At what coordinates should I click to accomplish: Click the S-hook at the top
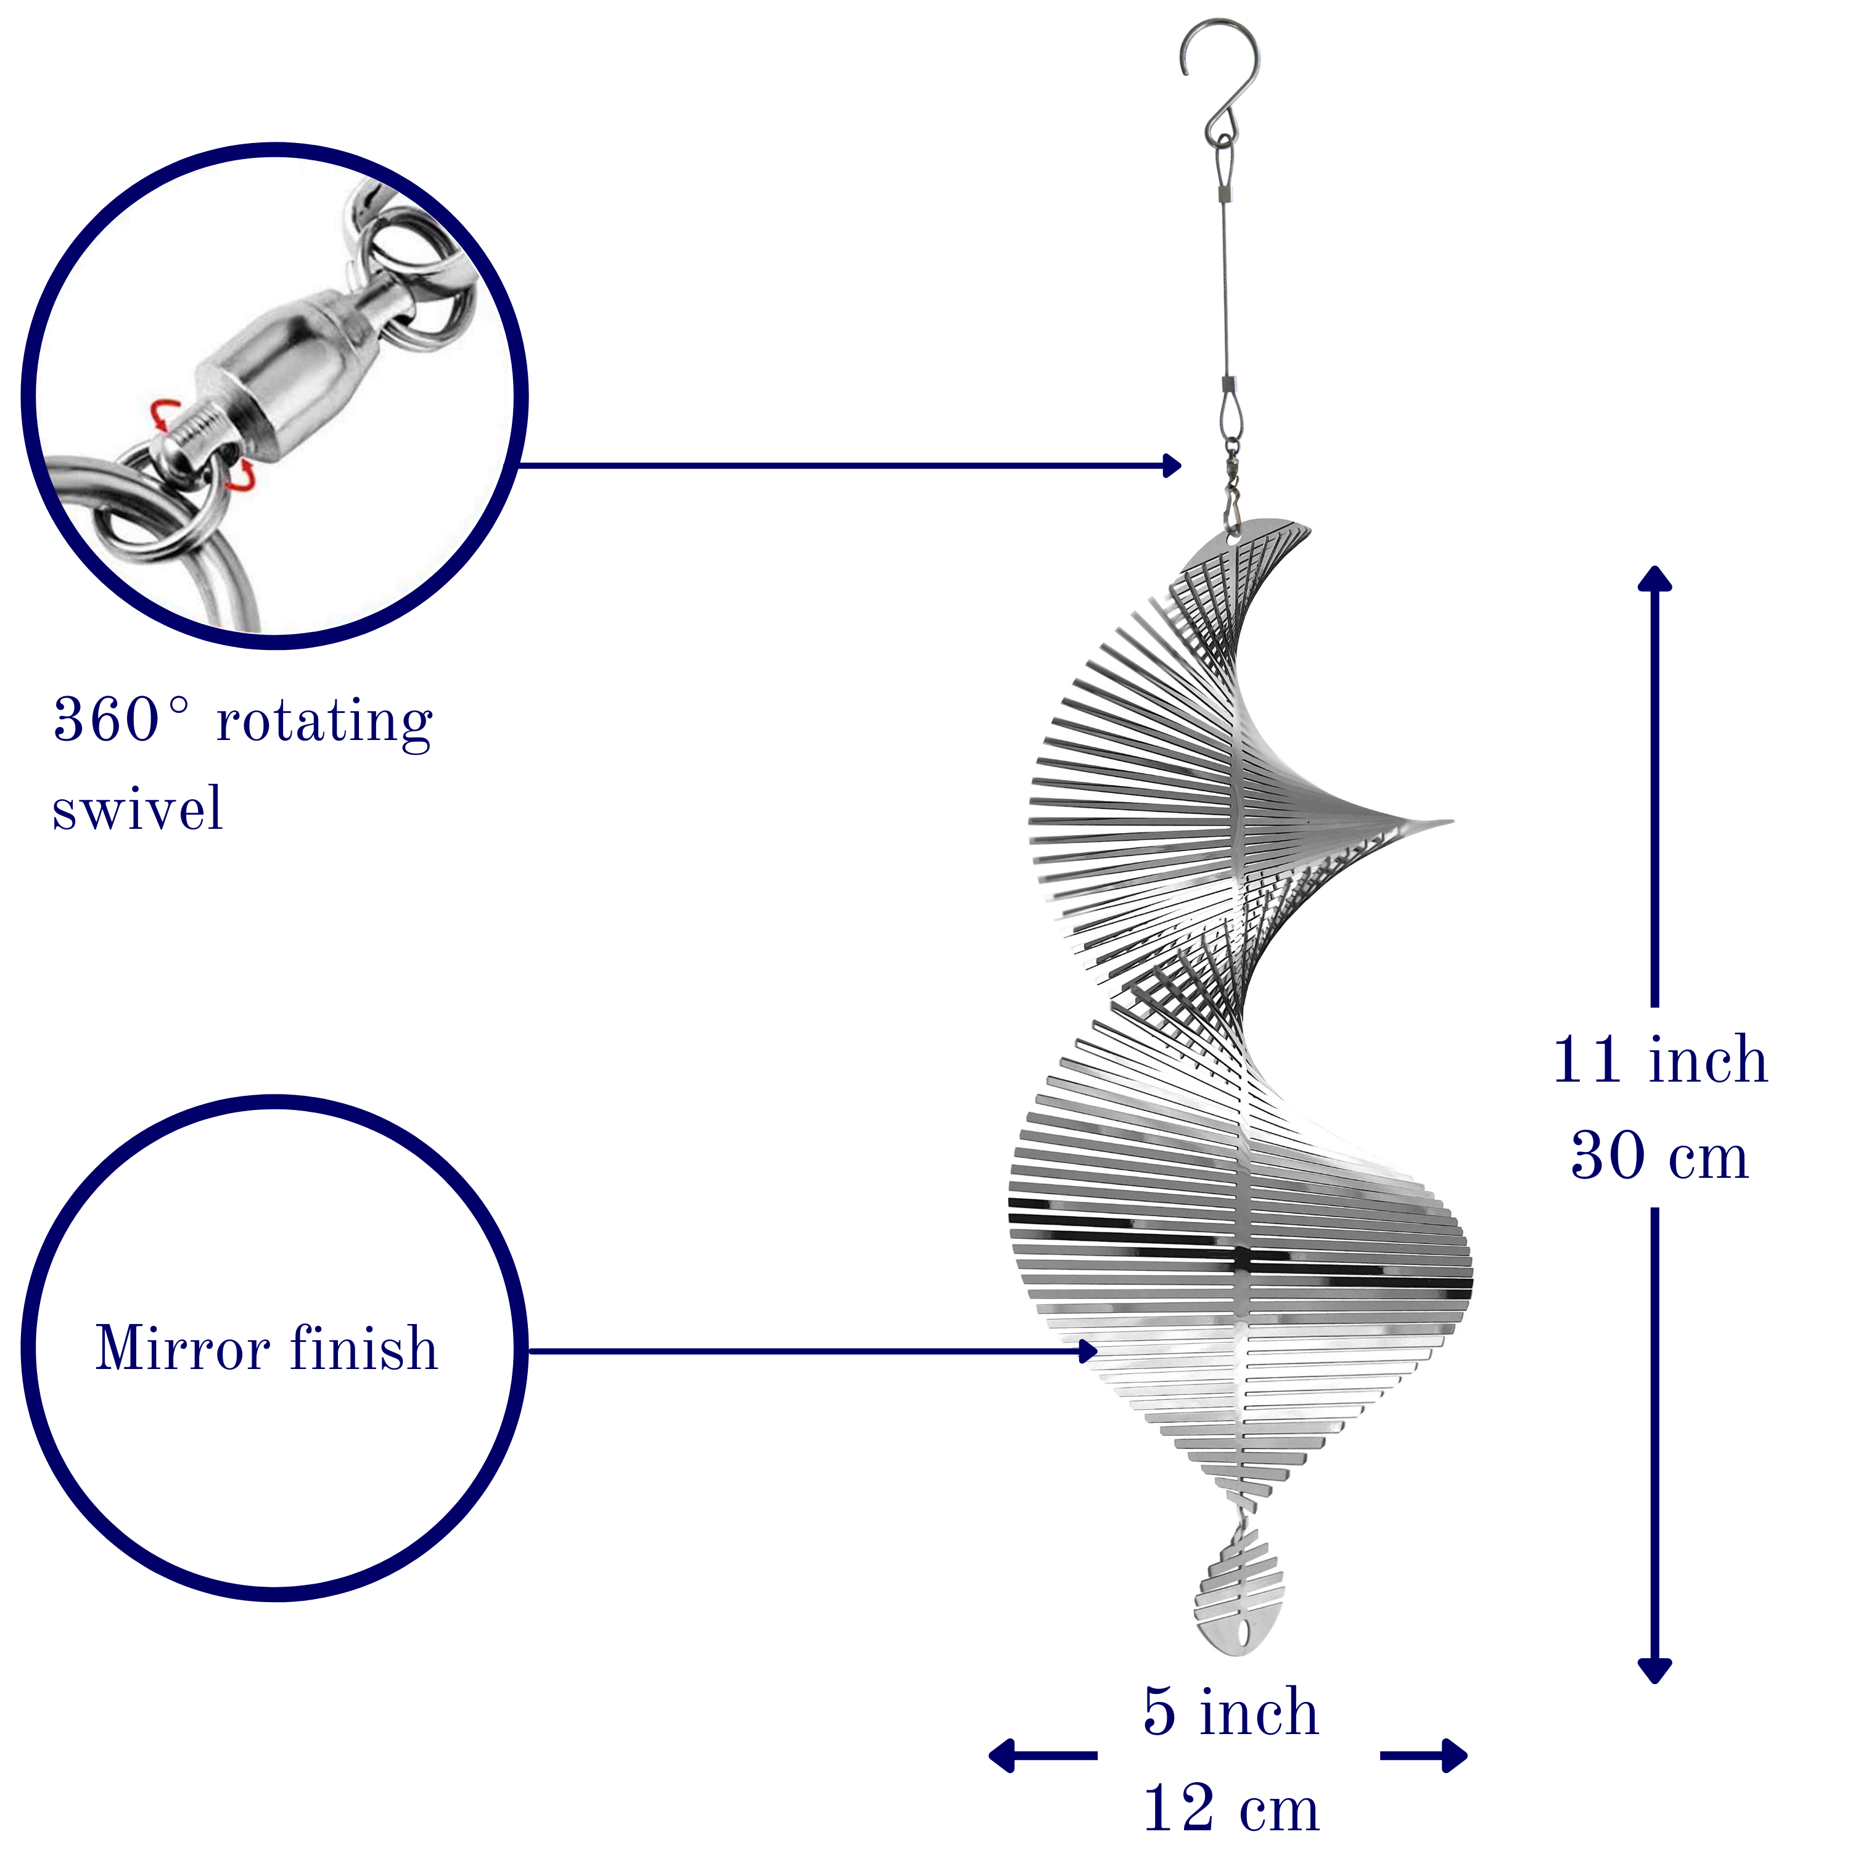pos(1218,81)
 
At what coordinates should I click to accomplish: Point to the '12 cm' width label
pos(1231,1807)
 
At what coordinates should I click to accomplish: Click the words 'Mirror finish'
pos(267,1349)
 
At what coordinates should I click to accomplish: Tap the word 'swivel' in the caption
pos(138,808)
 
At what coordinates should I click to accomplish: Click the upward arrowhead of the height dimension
pos(1655,578)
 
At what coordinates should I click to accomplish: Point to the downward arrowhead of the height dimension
pos(1655,1670)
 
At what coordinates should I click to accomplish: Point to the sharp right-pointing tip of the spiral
pos(1452,821)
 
